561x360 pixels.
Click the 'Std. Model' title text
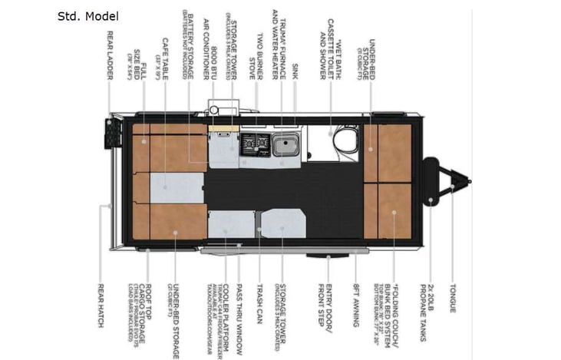(x=87, y=16)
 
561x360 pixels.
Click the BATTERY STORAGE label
(x=187, y=44)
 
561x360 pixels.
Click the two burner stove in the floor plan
(x=253, y=143)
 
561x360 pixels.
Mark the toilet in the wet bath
(x=342, y=138)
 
